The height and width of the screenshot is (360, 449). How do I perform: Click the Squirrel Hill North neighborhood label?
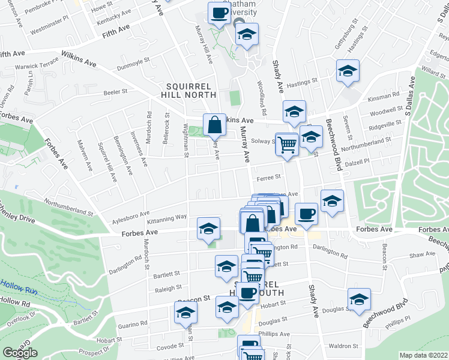click(x=188, y=89)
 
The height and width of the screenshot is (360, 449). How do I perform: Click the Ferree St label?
click(x=268, y=177)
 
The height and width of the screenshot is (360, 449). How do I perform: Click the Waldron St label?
click(x=343, y=346)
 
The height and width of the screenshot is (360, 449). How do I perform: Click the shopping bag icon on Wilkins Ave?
click(x=214, y=125)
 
